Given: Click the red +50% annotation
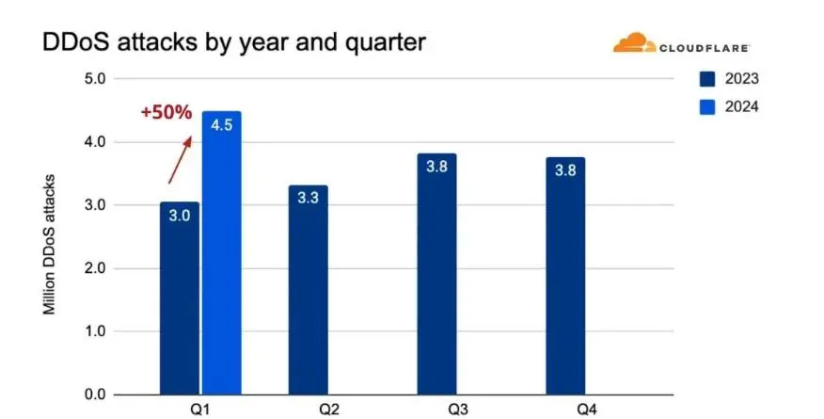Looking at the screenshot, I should coord(166,112).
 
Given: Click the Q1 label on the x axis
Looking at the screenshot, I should coord(200,411).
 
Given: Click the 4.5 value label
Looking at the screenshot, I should coord(221,126).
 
